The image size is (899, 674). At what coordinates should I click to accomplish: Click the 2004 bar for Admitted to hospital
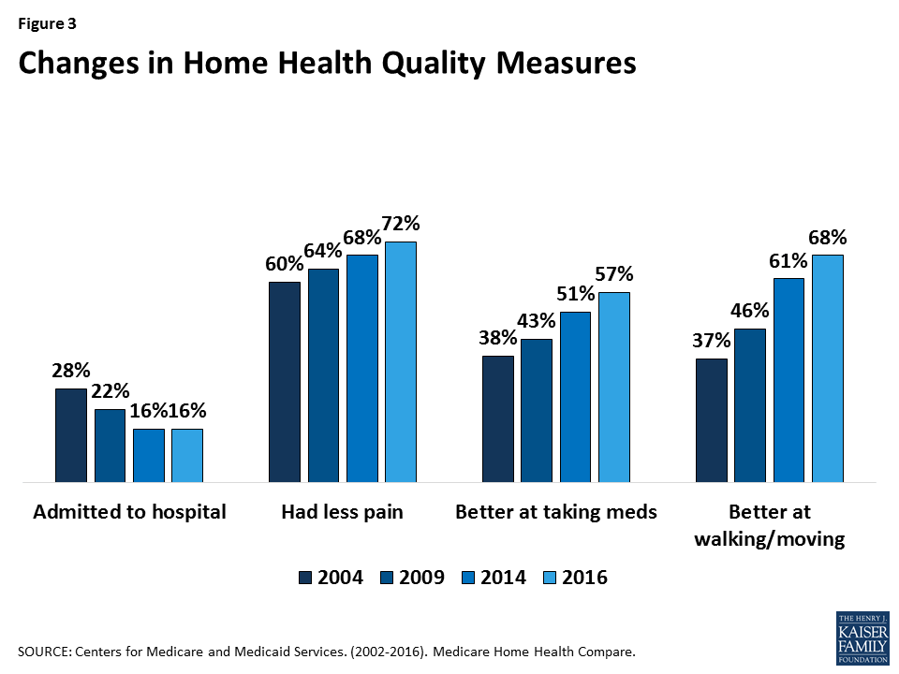(x=70, y=435)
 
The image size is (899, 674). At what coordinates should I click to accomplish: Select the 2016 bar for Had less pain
(x=400, y=362)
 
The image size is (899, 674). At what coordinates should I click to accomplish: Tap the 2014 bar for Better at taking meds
(x=575, y=397)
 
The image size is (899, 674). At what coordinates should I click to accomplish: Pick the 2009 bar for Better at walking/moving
(x=749, y=405)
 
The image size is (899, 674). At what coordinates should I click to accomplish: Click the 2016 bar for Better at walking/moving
(x=827, y=369)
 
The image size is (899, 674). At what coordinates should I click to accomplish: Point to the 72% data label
(x=401, y=224)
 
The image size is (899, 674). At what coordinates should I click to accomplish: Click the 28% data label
(x=70, y=371)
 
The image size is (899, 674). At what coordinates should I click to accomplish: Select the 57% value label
(x=614, y=274)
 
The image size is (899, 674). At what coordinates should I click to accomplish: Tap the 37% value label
(x=711, y=341)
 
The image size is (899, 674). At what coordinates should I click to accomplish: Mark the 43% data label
(x=537, y=321)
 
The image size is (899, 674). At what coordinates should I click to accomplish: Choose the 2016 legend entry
(x=577, y=578)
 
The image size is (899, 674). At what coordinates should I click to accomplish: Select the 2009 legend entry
(x=413, y=578)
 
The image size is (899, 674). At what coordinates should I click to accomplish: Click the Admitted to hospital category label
(x=129, y=512)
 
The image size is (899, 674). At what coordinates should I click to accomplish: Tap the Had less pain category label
(x=341, y=512)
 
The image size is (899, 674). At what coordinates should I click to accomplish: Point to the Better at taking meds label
(x=555, y=512)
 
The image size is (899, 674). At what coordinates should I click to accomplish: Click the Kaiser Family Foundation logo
(x=862, y=637)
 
